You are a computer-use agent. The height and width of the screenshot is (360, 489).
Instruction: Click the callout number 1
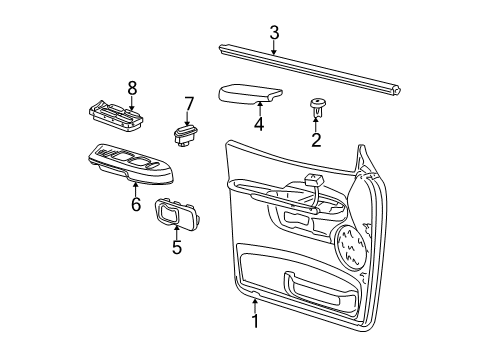[254, 322]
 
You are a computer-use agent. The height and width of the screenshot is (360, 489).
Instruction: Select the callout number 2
[316, 140]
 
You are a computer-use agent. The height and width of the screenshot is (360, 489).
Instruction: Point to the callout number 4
[258, 126]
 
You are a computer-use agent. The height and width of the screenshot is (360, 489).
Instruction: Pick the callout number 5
[176, 246]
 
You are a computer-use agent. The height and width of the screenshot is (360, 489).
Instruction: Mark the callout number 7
[187, 104]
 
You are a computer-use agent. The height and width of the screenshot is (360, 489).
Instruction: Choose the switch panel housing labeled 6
[130, 163]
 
